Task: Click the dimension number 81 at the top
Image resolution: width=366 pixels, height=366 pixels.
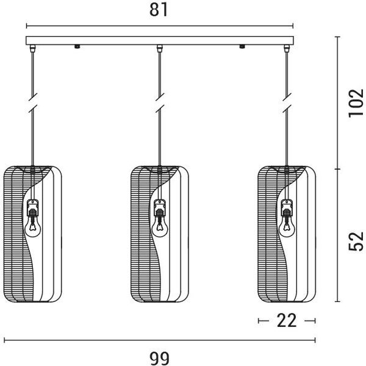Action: [x=159, y=10]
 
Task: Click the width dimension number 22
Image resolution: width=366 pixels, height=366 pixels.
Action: [x=287, y=320]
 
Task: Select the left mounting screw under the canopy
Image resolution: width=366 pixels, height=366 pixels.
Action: [x=77, y=46]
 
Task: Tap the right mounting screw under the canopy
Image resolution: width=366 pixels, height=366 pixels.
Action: [x=242, y=46]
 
